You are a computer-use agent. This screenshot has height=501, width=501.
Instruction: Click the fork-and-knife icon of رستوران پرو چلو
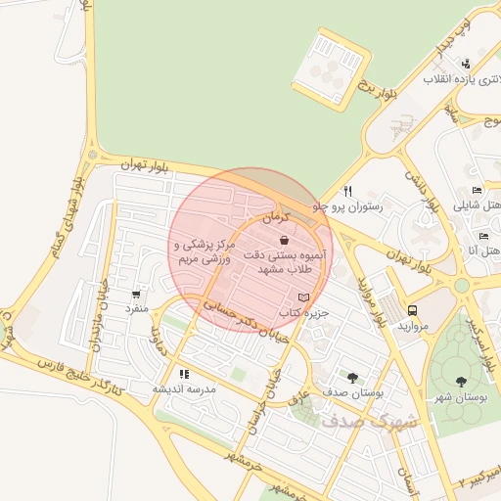coord(347,191)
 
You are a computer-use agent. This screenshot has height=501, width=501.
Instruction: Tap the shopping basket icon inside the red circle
coord(284,240)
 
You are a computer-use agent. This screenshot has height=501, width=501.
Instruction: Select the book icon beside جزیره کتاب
coord(303,297)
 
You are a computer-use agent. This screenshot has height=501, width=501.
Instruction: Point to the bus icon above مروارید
coord(411,310)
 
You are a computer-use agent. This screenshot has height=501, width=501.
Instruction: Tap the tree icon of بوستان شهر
coord(461,382)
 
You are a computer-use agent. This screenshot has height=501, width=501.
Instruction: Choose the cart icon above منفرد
coord(135,293)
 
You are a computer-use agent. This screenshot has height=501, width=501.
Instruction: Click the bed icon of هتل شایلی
coord(477,191)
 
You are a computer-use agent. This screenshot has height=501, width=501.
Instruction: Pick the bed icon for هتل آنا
coord(482,236)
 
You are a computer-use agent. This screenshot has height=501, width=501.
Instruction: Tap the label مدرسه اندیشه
coord(183,388)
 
